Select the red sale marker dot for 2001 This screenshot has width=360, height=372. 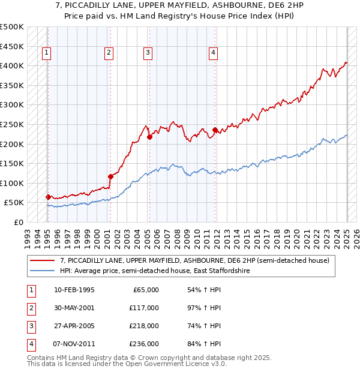click(x=110, y=176)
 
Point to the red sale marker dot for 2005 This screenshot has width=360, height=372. click(x=150, y=137)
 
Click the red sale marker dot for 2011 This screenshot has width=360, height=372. click(x=215, y=130)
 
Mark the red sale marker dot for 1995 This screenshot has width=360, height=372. click(x=48, y=197)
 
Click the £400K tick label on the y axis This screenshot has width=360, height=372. click(x=12, y=65)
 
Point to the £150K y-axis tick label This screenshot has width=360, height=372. click(x=12, y=163)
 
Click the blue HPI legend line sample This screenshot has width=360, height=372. click(x=42, y=271)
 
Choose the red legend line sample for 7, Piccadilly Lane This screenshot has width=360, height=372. click(x=42, y=261)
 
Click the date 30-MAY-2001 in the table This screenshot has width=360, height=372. click(x=74, y=308)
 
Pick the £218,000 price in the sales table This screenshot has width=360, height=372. click(x=145, y=326)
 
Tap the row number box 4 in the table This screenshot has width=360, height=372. click(x=31, y=344)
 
